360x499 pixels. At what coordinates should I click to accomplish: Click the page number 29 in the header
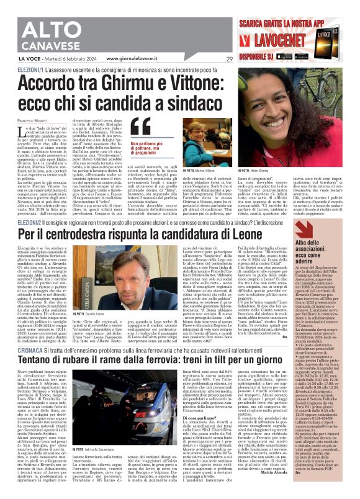(230, 59)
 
